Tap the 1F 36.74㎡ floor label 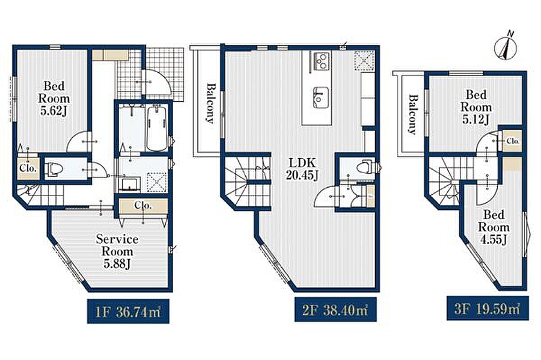pyautogui.click(x=128, y=311)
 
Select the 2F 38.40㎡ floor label pyautogui.click(x=335, y=309)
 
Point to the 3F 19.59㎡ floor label pyautogui.click(x=488, y=308)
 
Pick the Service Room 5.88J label pyautogui.click(x=117, y=251)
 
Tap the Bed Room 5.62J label pyautogui.click(x=54, y=98)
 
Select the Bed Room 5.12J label pyautogui.click(x=476, y=107)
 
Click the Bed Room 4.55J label pyautogui.click(x=494, y=227)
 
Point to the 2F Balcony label pyautogui.click(x=211, y=103)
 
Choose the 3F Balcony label pyautogui.click(x=413, y=114)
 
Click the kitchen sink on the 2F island pyautogui.click(x=321, y=97)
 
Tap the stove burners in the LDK pyautogui.click(x=321, y=60)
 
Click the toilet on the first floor pyautogui.click(x=54, y=168)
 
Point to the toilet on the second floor pyautogui.click(x=366, y=167)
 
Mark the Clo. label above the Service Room pyautogui.click(x=143, y=206)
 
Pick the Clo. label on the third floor pyautogui.click(x=513, y=141)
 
